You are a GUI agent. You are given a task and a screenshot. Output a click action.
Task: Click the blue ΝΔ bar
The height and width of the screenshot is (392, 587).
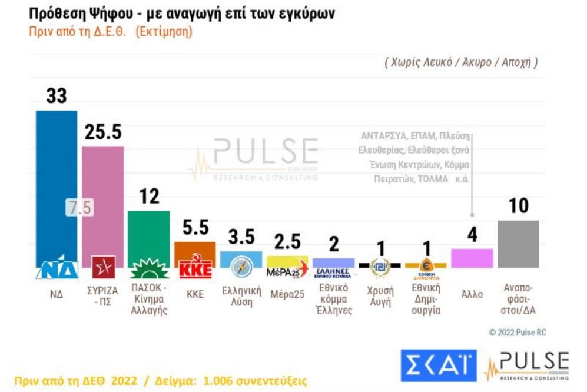tap(56, 177)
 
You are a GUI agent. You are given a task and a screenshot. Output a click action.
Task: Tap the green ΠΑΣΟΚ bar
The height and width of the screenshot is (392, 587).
tap(149, 232)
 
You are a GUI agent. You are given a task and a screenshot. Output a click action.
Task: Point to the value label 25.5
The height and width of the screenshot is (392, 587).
tap(102, 132)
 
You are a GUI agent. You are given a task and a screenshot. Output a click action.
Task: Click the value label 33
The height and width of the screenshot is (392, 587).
tap(56, 97)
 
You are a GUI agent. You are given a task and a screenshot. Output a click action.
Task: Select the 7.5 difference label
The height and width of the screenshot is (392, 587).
tap(79, 208)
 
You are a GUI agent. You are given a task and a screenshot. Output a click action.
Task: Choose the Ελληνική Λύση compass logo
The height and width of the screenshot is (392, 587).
tap(241, 268)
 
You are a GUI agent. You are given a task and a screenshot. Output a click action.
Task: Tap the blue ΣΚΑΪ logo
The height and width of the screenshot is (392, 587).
tap(439, 366)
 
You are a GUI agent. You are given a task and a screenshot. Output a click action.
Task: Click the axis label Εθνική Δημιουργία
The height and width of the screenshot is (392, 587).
tap(426, 299)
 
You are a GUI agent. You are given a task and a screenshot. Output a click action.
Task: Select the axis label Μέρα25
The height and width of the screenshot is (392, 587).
tap(287, 294)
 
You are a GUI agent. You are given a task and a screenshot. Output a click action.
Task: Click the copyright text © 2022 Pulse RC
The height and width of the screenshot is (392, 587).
tap(518, 333)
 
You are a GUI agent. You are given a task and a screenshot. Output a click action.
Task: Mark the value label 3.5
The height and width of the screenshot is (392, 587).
tap(241, 237)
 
